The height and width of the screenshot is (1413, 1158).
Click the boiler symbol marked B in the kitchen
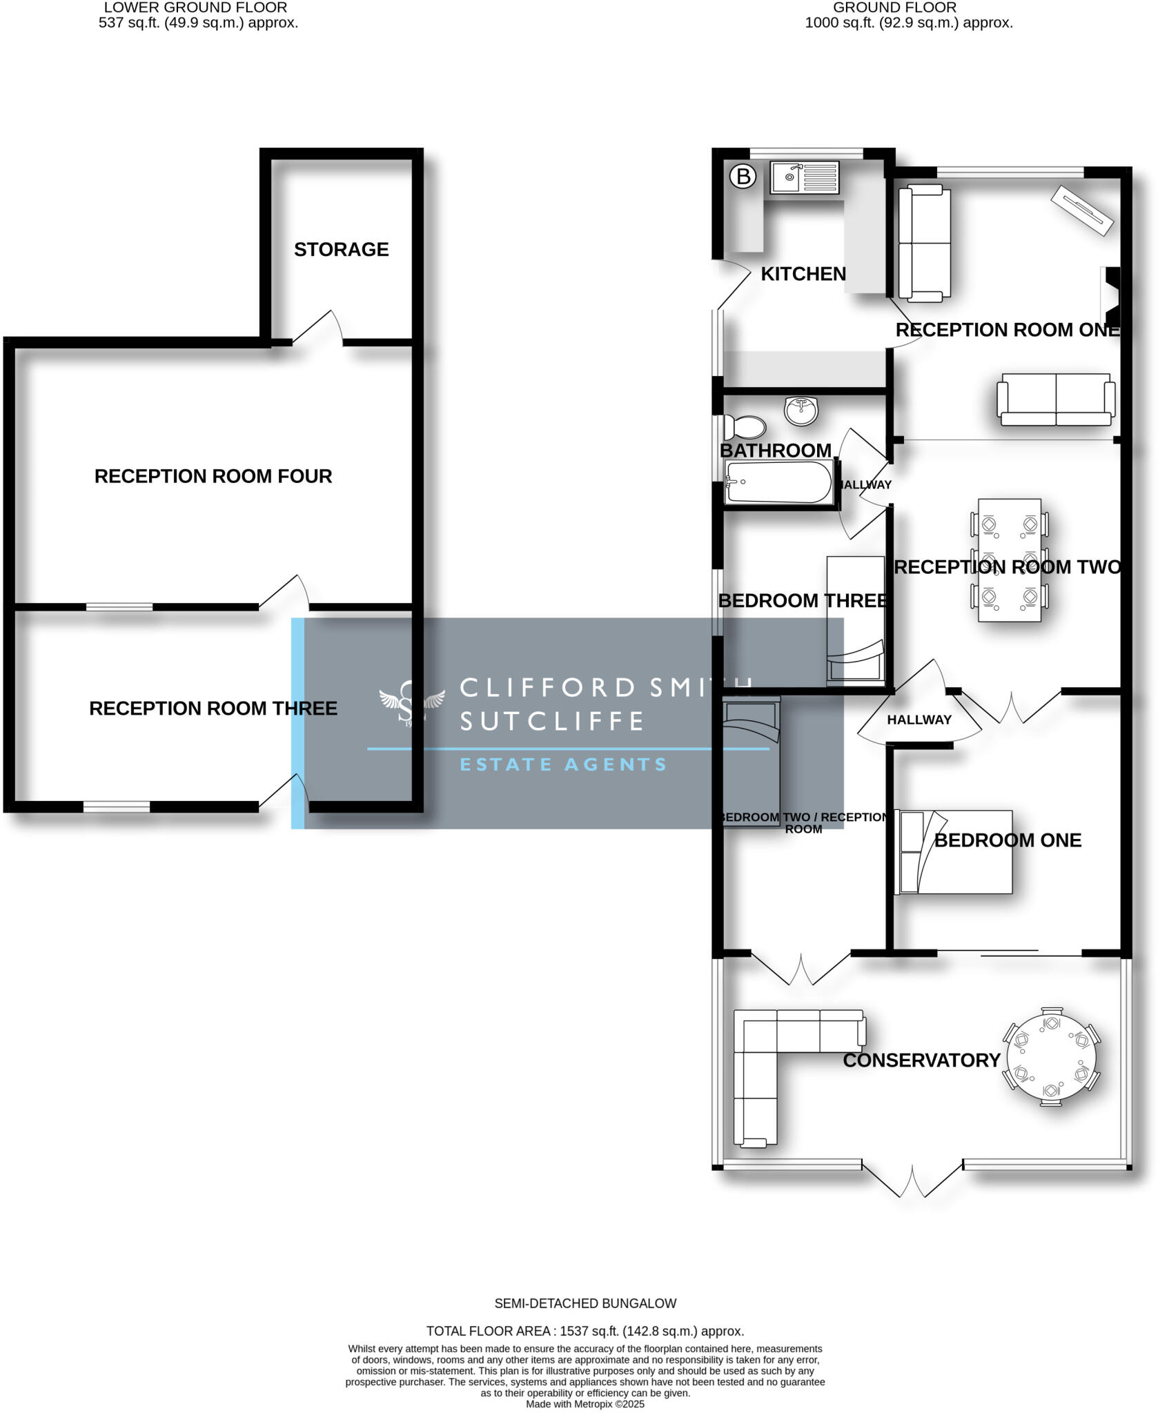click(743, 177)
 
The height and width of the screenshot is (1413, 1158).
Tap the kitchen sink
click(805, 177)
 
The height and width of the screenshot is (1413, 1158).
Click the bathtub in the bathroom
click(778, 482)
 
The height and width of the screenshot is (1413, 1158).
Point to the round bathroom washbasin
click(801, 411)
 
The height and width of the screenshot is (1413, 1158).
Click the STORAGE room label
click(341, 249)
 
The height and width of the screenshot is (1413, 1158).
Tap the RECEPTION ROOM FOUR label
click(213, 476)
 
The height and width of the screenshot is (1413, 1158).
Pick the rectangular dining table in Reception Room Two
click(1009, 560)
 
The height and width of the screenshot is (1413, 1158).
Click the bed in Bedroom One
click(953, 852)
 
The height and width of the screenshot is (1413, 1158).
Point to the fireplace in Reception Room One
click(1111, 285)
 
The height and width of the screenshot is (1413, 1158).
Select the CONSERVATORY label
click(921, 1060)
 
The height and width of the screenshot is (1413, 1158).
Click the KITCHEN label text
click(803, 274)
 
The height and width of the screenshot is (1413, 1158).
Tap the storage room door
click(317, 328)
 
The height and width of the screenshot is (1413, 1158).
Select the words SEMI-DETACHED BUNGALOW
click(585, 1303)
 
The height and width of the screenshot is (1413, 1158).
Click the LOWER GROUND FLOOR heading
click(195, 8)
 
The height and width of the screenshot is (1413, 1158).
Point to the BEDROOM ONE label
click(1008, 840)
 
